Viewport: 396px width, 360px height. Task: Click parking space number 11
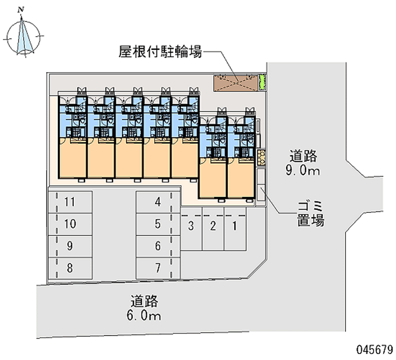tap(70, 202)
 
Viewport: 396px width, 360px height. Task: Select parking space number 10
tap(70, 224)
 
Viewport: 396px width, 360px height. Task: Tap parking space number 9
tap(70, 246)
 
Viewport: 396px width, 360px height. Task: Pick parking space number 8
tap(70, 268)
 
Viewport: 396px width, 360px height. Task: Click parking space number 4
tap(157, 202)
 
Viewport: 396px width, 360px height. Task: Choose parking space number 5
tap(157, 224)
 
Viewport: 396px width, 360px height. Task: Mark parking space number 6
tap(157, 246)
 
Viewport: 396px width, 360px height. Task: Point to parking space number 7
tap(157, 268)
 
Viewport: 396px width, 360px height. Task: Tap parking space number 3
tap(191, 228)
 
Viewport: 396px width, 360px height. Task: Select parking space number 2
tap(213, 228)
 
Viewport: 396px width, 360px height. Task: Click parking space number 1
tap(235, 228)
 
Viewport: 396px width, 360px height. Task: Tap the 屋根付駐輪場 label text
tap(160, 51)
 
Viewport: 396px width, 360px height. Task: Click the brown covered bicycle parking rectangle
tap(236, 83)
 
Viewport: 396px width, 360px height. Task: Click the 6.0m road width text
tap(145, 314)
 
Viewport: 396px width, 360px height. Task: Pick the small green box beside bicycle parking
tap(263, 82)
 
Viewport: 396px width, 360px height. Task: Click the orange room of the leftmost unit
tap(73, 158)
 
